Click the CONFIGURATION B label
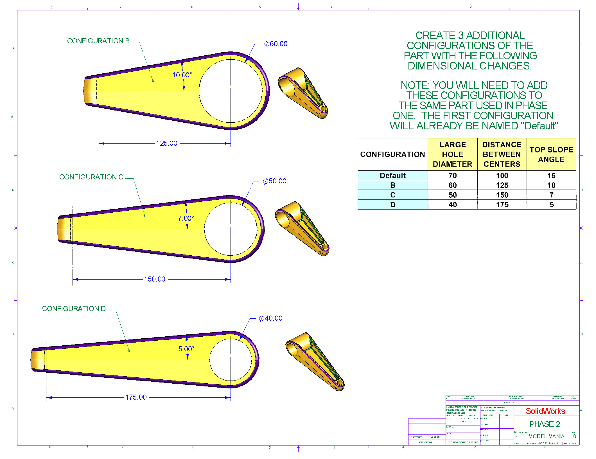point(98,41)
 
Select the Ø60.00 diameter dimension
point(276,44)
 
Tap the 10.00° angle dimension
point(182,75)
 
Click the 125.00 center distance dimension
point(166,143)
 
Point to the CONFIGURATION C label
point(91,177)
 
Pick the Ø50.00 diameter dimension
point(275,181)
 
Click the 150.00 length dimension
point(154,279)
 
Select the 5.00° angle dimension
point(186,349)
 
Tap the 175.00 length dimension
point(136,397)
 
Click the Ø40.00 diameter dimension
point(271,318)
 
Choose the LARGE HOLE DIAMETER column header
point(452,154)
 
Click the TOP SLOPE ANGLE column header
point(551,154)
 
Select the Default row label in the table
point(392,176)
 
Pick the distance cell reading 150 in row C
point(502,195)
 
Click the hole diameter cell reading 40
point(452,205)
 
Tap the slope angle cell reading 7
point(551,195)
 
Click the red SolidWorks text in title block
point(545,411)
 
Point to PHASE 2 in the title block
point(545,424)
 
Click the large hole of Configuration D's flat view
point(231,360)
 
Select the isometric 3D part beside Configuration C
point(302,228)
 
